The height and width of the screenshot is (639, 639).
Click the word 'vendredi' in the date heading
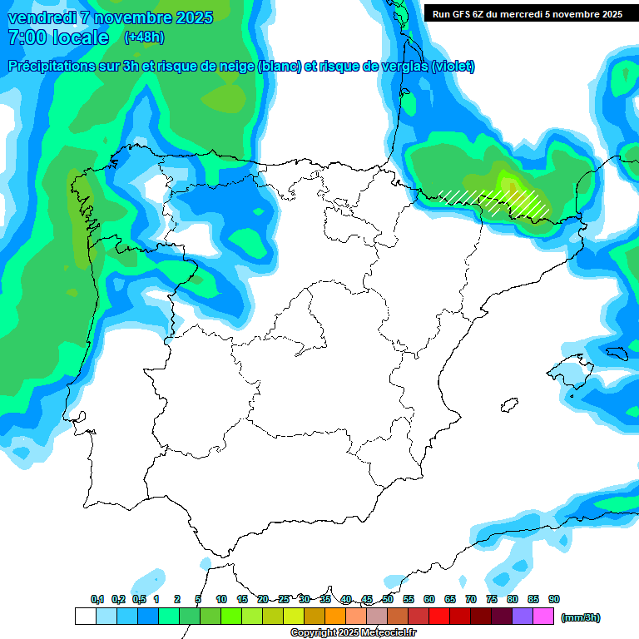[x=42, y=17]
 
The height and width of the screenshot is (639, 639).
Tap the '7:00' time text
[x=28, y=37]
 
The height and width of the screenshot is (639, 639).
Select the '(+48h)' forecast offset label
[x=143, y=37]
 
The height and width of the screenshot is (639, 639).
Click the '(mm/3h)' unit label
[x=579, y=617]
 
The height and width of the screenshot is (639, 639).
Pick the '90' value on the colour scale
[x=553, y=599]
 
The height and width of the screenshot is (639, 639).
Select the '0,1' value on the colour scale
[x=97, y=599]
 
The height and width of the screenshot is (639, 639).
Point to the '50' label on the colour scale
[x=388, y=599]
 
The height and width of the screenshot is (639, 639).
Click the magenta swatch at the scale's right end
[x=543, y=617]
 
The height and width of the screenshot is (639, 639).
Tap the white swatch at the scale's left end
[x=85, y=617]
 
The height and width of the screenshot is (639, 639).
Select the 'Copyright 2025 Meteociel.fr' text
[x=353, y=632]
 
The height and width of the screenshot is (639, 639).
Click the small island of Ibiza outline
[x=507, y=406]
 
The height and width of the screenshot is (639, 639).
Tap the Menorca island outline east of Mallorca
[x=616, y=353]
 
